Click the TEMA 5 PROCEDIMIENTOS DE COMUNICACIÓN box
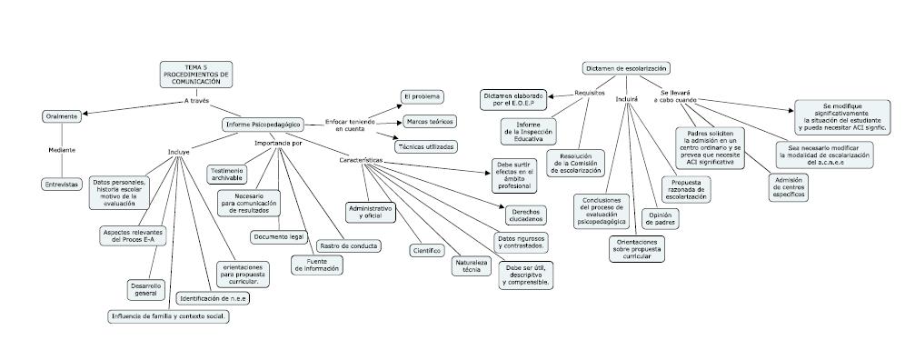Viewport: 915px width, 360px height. tap(196, 75)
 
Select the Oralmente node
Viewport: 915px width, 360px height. tap(62, 116)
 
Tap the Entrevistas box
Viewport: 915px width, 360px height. tap(62, 184)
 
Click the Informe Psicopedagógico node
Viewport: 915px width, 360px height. tap(263, 124)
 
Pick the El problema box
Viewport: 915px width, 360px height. tap(423, 96)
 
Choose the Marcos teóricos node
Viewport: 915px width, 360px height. tap(430, 121)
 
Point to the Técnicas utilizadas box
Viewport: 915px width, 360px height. tap(425, 145)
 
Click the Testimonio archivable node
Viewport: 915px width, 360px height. tap(226, 175)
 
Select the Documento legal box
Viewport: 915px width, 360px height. tap(278, 236)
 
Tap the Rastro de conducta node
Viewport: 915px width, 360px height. tap(349, 245)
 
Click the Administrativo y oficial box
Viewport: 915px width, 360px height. tap(371, 212)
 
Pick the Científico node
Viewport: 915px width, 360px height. tap(427, 250)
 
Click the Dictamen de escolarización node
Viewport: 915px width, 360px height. tap(627, 68)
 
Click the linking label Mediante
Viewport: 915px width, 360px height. tap(62, 150)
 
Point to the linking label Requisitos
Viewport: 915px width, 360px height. tap(590, 94)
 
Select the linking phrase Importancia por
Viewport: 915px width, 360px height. tap(278, 143)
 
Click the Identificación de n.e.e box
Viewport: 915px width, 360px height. tap(213, 297)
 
